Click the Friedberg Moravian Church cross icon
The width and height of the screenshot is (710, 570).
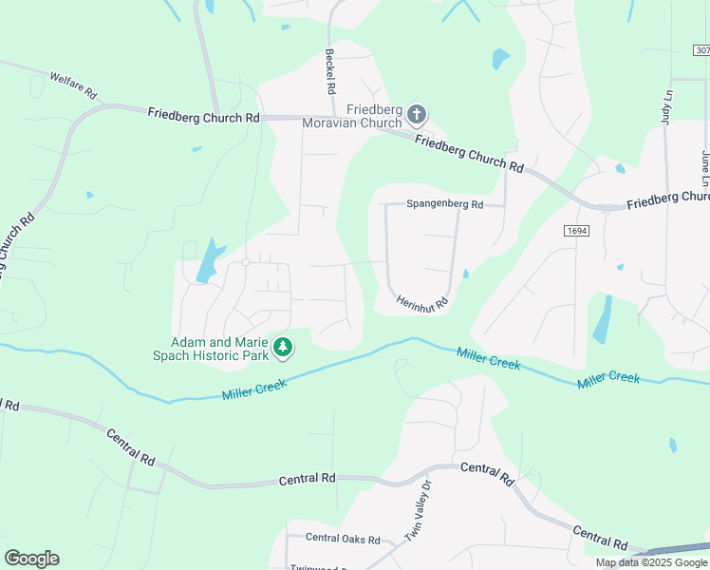[416, 116]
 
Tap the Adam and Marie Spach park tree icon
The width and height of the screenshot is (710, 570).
[282, 349]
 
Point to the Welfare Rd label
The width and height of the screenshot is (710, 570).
[73, 85]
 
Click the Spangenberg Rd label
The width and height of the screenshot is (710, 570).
[444, 204]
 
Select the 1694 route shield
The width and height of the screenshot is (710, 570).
[575, 231]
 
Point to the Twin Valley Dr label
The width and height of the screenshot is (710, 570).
[419, 523]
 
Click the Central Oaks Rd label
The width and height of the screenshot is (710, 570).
[343, 538]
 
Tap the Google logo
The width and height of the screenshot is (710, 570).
[31, 559]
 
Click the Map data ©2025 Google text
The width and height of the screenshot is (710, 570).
[651, 562]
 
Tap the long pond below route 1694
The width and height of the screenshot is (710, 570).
[602, 319]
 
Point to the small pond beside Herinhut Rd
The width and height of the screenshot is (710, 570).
[465, 275]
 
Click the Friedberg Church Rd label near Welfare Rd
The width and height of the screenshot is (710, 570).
[203, 115]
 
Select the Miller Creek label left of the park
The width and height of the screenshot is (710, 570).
[253, 389]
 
